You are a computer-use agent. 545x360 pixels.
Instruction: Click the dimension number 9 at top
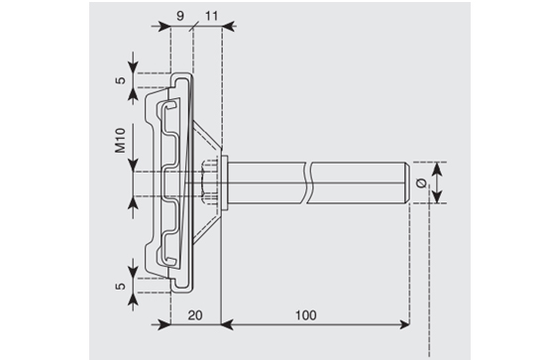(x=180, y=16)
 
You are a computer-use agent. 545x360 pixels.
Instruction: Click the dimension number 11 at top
(x=212, y=16)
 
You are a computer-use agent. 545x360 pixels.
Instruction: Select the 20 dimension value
(x=195, y=315)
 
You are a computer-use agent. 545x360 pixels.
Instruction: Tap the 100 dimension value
(x=306, y=315)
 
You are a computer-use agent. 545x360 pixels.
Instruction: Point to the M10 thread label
(x=120, y=140)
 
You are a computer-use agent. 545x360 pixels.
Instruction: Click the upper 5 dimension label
(x=120, y=80)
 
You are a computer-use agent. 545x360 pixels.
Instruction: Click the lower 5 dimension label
(x=120, y=287)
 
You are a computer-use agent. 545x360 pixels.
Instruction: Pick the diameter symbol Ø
(x=421, y=182)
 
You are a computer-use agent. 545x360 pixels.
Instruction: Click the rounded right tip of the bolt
(x=407, y=182)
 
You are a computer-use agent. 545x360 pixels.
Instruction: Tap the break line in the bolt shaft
(x=308, y=182)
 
